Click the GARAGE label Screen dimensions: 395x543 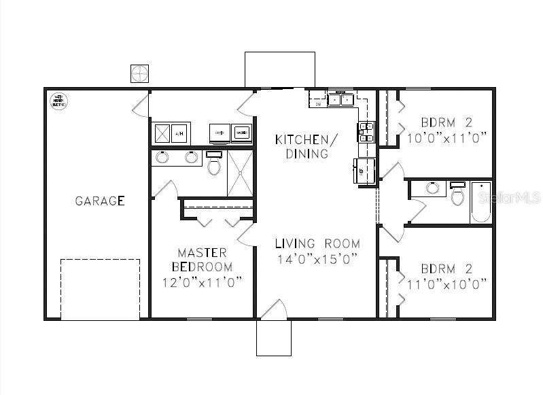pos(99,201)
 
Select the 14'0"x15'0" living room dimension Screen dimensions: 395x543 pos(318,259)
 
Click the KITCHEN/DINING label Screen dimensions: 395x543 pos(306,146)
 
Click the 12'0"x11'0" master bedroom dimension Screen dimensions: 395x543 pos(202,282)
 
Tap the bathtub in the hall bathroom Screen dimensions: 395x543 pos(481,203)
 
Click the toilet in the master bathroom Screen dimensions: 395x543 pos(214,164)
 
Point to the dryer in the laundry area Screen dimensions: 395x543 pos(220,133)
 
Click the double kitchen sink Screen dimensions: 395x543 pos(340,100)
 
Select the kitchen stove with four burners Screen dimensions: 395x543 pos(366,132)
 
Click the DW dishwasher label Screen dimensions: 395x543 pos(318,105)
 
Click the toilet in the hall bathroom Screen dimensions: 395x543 pos(458,194)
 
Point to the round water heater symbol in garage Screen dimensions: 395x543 pos(58,101)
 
